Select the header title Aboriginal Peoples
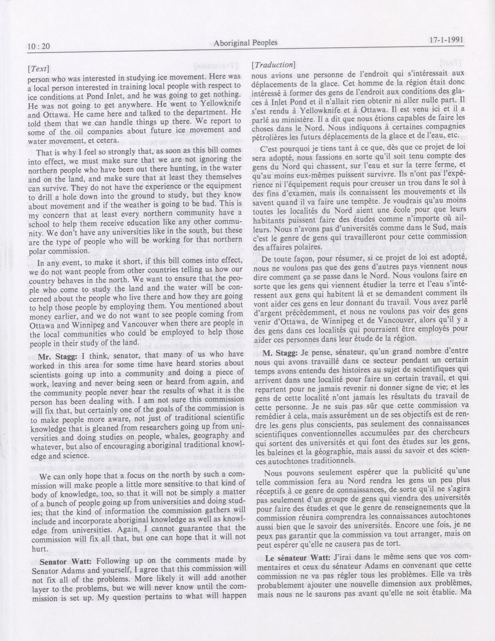[x=246, y=43]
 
